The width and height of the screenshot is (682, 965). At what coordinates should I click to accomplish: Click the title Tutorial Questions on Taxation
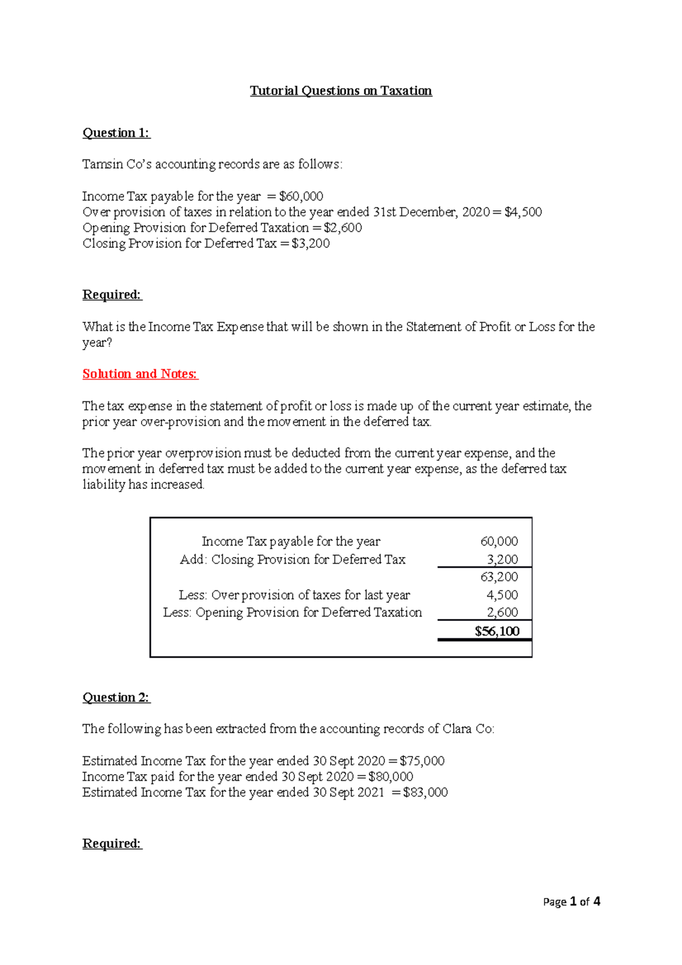coord(341,91)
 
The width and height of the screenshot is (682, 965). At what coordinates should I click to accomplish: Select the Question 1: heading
coord(116,133)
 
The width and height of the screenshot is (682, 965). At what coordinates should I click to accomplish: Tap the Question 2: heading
coord(116,697)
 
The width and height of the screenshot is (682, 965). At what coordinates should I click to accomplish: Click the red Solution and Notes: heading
coord(140,374)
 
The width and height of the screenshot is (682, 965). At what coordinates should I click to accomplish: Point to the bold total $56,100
coord(497,631)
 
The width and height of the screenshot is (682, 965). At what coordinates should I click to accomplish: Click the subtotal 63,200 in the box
coord(499,577)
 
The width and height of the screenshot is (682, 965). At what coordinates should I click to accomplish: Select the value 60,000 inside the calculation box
coord(499,542)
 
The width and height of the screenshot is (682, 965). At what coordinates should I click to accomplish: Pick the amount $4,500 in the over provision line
coord(523,212)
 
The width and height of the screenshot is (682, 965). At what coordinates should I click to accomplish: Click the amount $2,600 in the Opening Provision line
coord(343,228)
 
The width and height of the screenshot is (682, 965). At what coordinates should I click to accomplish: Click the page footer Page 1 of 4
coord(571,902)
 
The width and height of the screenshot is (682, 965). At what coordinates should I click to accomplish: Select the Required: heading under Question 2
coord(112,843)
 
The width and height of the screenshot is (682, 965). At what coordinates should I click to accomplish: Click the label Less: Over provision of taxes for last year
coord(294,595)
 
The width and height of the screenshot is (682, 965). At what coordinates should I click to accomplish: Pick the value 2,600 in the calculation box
coord(502,613)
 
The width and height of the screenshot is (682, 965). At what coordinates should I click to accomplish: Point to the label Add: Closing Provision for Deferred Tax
coord(292,560)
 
